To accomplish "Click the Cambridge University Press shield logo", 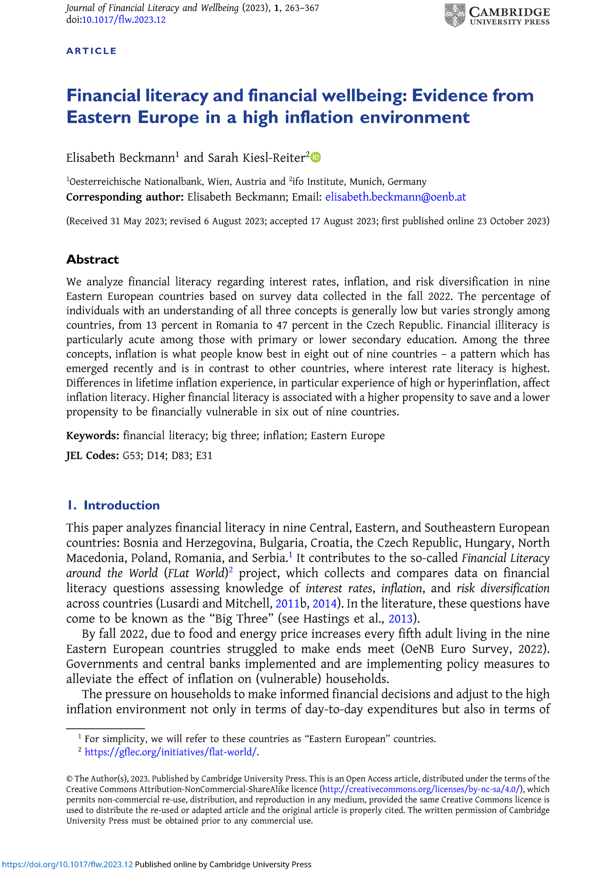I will [454, 15].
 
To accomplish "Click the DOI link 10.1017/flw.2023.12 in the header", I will [123, 20].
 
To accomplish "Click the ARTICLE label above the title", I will [92, 51].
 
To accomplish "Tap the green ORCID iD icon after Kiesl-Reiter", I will [315, 157].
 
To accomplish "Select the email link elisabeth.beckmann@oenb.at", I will [395, 197].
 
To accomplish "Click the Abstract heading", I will [93, 259].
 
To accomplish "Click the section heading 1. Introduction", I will [113, 505].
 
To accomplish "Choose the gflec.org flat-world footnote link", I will [171, 752].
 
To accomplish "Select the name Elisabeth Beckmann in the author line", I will [120, 158].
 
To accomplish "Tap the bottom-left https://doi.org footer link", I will [67, 864].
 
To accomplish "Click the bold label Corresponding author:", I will [125, 197].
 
